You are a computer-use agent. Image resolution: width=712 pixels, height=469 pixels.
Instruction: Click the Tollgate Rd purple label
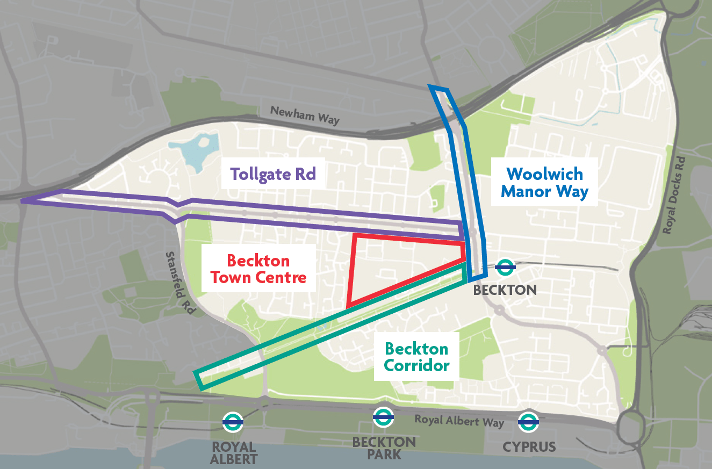[x=272, y=174]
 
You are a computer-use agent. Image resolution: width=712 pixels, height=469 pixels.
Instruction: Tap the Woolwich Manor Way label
[x=544, y=183]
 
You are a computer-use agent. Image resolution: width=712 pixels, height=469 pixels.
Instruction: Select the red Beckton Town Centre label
[x=258, y=269]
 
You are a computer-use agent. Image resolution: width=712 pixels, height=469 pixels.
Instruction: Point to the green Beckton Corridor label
[x=416, y=357]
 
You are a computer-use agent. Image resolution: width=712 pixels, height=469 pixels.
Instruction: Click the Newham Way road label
[x=305, y=115]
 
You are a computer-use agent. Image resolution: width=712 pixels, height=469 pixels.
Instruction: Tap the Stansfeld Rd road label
[x=178, y=284]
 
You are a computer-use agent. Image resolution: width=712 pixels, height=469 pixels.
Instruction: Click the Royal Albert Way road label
[x=459, y=421]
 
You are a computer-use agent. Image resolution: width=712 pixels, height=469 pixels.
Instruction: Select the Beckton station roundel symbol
[x=505, y=266]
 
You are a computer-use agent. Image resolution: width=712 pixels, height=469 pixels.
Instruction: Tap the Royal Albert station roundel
[x=233, y=422]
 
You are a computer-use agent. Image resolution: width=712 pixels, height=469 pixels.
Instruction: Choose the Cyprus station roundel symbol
[x=528, y=422]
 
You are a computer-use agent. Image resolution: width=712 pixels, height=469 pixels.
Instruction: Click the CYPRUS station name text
[x=529, y=446]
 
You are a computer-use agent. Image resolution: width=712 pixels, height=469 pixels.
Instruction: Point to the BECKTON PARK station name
[x=384, y=448]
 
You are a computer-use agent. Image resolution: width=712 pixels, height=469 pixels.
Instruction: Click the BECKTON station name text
[x=505, y=290]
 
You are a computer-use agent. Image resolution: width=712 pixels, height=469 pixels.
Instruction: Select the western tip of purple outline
[x=23, y=201]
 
